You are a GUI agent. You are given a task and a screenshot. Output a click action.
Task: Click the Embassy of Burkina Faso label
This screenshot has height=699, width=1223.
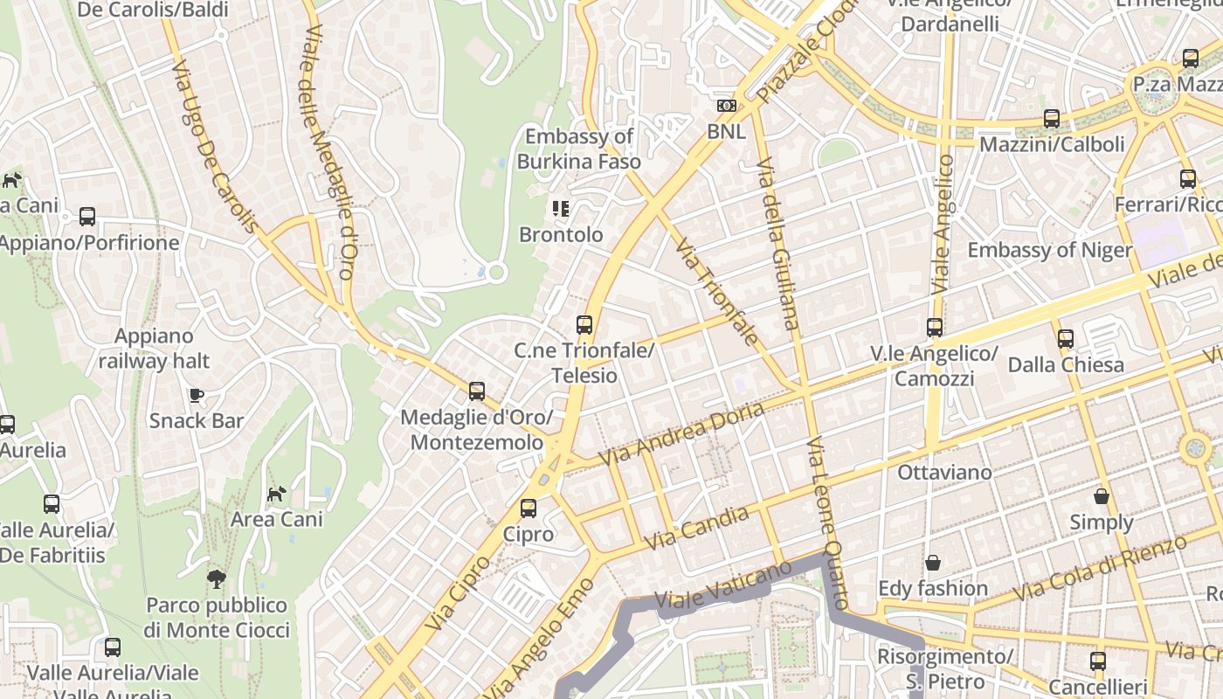click(578, 149)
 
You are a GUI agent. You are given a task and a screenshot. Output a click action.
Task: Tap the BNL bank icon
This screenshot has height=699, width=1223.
click(726, 106)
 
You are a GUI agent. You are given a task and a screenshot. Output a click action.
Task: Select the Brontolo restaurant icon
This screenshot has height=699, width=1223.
click(561, 209)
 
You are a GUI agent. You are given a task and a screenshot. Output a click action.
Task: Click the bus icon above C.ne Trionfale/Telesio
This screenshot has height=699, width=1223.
click(584, 325)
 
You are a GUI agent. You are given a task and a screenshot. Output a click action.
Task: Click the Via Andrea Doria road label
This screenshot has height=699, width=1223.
click(681, 434)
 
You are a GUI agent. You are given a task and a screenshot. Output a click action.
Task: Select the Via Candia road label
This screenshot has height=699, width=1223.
click(696, 529)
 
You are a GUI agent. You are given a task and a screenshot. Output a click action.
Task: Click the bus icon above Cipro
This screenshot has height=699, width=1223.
click(529, 509)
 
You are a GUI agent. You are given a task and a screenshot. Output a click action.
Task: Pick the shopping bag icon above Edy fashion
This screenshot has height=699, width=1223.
click(933, 562)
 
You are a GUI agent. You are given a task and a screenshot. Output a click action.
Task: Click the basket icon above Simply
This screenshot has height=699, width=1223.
click(1102, 496)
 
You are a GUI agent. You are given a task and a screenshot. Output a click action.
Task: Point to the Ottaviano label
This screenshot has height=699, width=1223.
click(945, 473)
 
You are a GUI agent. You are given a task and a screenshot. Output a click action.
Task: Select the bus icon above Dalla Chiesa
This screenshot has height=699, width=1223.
click(1066, 339)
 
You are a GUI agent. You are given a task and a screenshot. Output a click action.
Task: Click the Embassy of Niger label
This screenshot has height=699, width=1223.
click(1049, 250)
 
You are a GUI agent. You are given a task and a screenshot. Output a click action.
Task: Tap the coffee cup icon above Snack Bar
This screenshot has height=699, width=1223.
click(197, 395)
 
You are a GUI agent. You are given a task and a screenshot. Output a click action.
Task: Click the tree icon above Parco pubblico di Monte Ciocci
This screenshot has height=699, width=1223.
click(216, 578)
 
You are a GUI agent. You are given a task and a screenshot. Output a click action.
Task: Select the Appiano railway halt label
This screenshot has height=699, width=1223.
click(154, 349)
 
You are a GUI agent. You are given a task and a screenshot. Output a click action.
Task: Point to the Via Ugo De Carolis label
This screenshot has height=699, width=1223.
click(214, 146)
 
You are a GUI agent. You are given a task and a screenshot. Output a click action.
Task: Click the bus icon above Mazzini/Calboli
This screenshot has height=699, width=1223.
click(1052, 119)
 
